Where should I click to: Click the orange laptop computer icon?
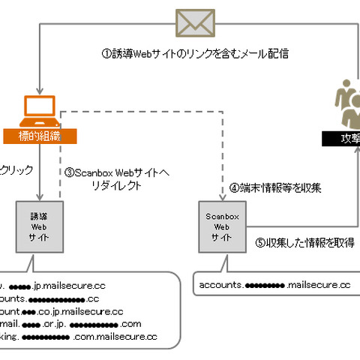tap(38, 113)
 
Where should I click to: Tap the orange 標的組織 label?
tap(38, 136)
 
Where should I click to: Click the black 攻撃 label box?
tap(340, 138)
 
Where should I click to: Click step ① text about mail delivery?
tap(194, 54)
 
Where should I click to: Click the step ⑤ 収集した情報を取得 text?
tap(304, 242)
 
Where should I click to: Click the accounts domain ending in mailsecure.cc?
tap(274, 285)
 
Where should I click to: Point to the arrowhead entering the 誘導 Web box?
tap(38, 196)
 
